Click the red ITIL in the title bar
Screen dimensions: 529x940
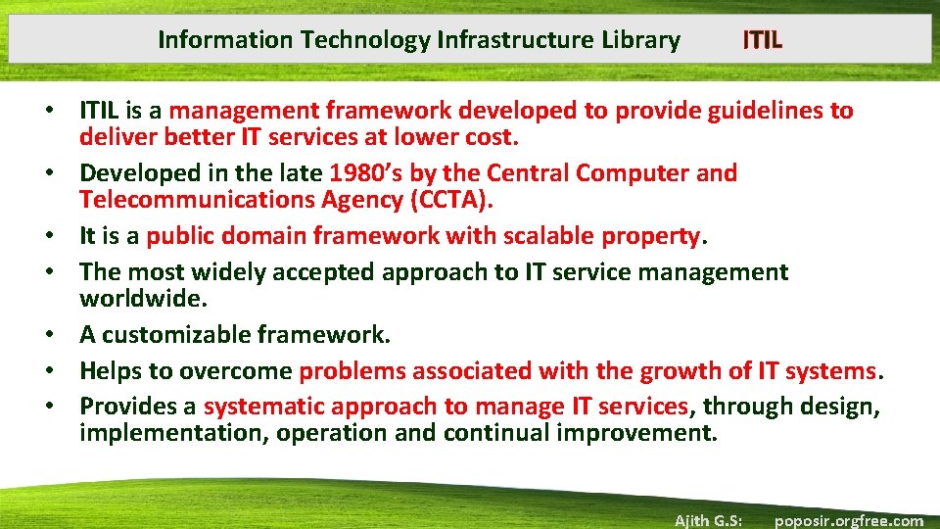pos(762,40)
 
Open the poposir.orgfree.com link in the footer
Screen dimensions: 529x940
pos(848,520)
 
